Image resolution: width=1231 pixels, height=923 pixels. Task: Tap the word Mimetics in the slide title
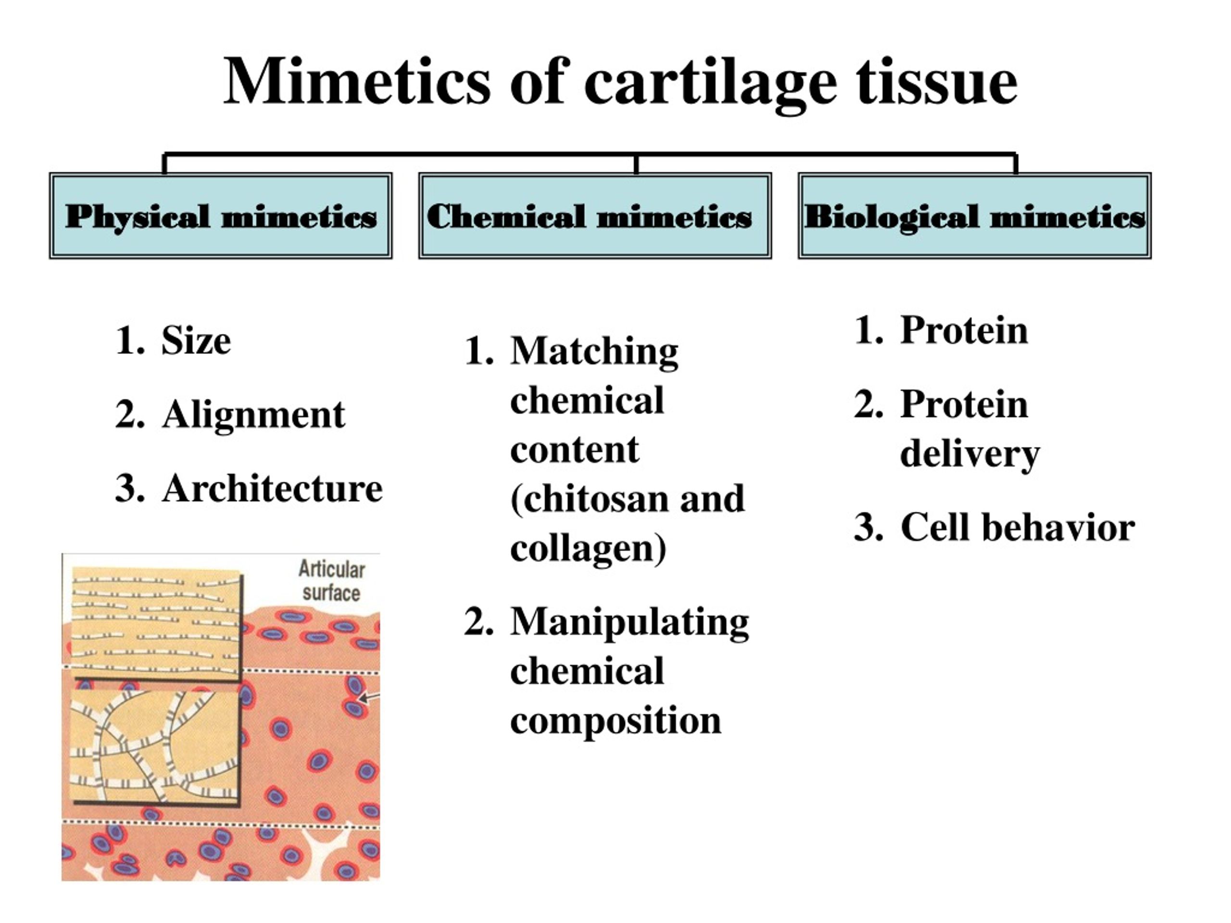357,81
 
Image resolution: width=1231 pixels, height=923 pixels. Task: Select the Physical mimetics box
221,215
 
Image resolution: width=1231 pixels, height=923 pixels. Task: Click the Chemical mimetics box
595,215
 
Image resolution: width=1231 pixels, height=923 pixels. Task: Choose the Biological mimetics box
974,215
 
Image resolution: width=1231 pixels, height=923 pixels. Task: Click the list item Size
196,340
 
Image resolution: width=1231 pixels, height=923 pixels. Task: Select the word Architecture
272,488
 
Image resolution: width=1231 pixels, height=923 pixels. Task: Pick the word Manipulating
629,623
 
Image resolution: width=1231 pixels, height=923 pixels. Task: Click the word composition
615,721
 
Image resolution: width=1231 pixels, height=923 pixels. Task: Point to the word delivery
970,455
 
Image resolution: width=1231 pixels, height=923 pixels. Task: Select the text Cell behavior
1017,527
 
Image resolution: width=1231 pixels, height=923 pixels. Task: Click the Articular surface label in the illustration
332,581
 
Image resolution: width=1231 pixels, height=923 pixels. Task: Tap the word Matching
594,351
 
